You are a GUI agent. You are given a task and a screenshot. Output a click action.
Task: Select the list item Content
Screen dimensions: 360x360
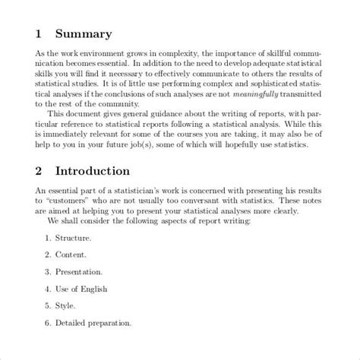pos(71,254)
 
